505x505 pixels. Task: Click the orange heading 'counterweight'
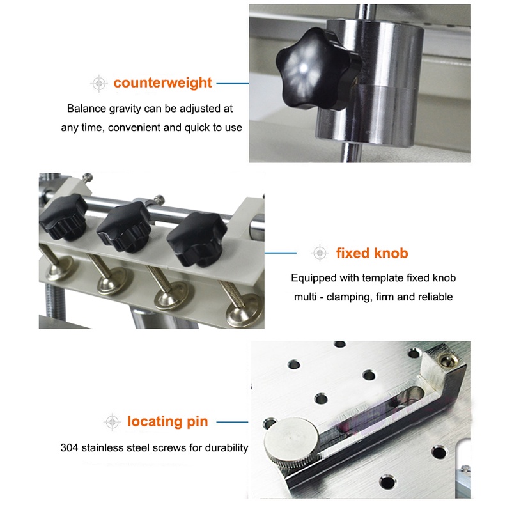click(162, 82)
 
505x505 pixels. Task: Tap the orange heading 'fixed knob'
click(372, 253)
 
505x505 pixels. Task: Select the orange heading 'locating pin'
click(167, 422)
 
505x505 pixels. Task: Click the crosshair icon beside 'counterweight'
click(99, 84)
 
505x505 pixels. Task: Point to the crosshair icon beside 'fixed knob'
click(320, 253)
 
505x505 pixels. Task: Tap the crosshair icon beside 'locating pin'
click(112, 422)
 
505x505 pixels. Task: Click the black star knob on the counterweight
click(317, 69)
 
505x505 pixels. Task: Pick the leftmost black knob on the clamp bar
click(64, 217)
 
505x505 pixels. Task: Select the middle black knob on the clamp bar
click(124, 226)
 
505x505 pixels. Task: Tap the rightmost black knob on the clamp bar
click(197, 238)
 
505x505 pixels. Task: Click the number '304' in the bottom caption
click(69, 447)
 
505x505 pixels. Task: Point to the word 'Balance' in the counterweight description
click(87, 109)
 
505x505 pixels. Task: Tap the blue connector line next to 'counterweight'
click(233, 84)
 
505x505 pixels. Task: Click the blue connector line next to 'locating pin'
click(232, 422)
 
